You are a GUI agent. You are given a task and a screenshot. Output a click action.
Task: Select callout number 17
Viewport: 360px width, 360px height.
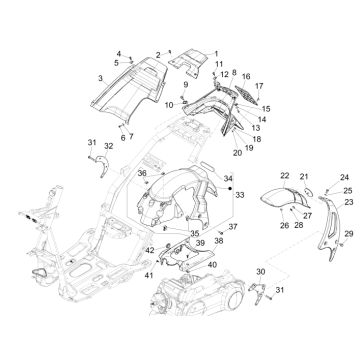(x=258, y=86)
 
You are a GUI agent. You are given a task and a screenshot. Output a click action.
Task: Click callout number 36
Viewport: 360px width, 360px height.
(x=142, y=174)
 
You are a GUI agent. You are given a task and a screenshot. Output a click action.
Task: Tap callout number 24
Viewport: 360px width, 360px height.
(x=317, y=176)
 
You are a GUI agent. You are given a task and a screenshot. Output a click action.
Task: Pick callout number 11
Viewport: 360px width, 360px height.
(x=219, y=64)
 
